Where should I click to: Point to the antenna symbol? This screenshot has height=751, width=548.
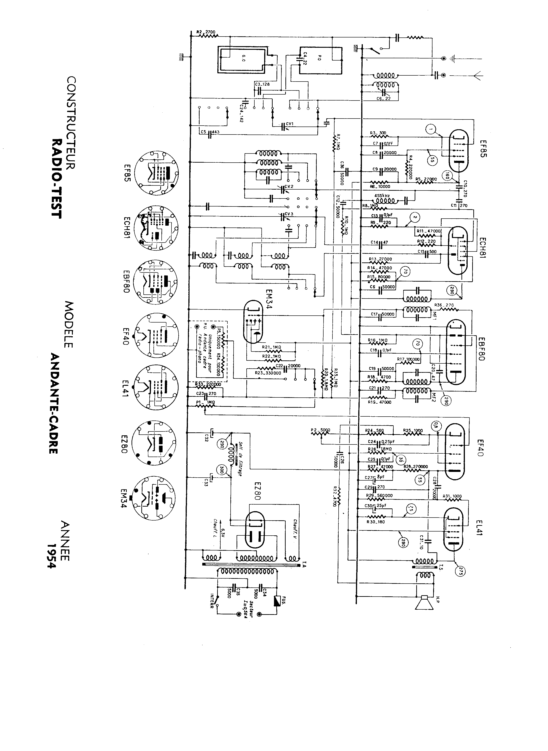[x=478, y=76]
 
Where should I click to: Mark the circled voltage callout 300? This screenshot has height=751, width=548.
[x=221, y=469]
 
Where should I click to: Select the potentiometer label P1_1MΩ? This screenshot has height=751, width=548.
[x=206, y=402]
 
